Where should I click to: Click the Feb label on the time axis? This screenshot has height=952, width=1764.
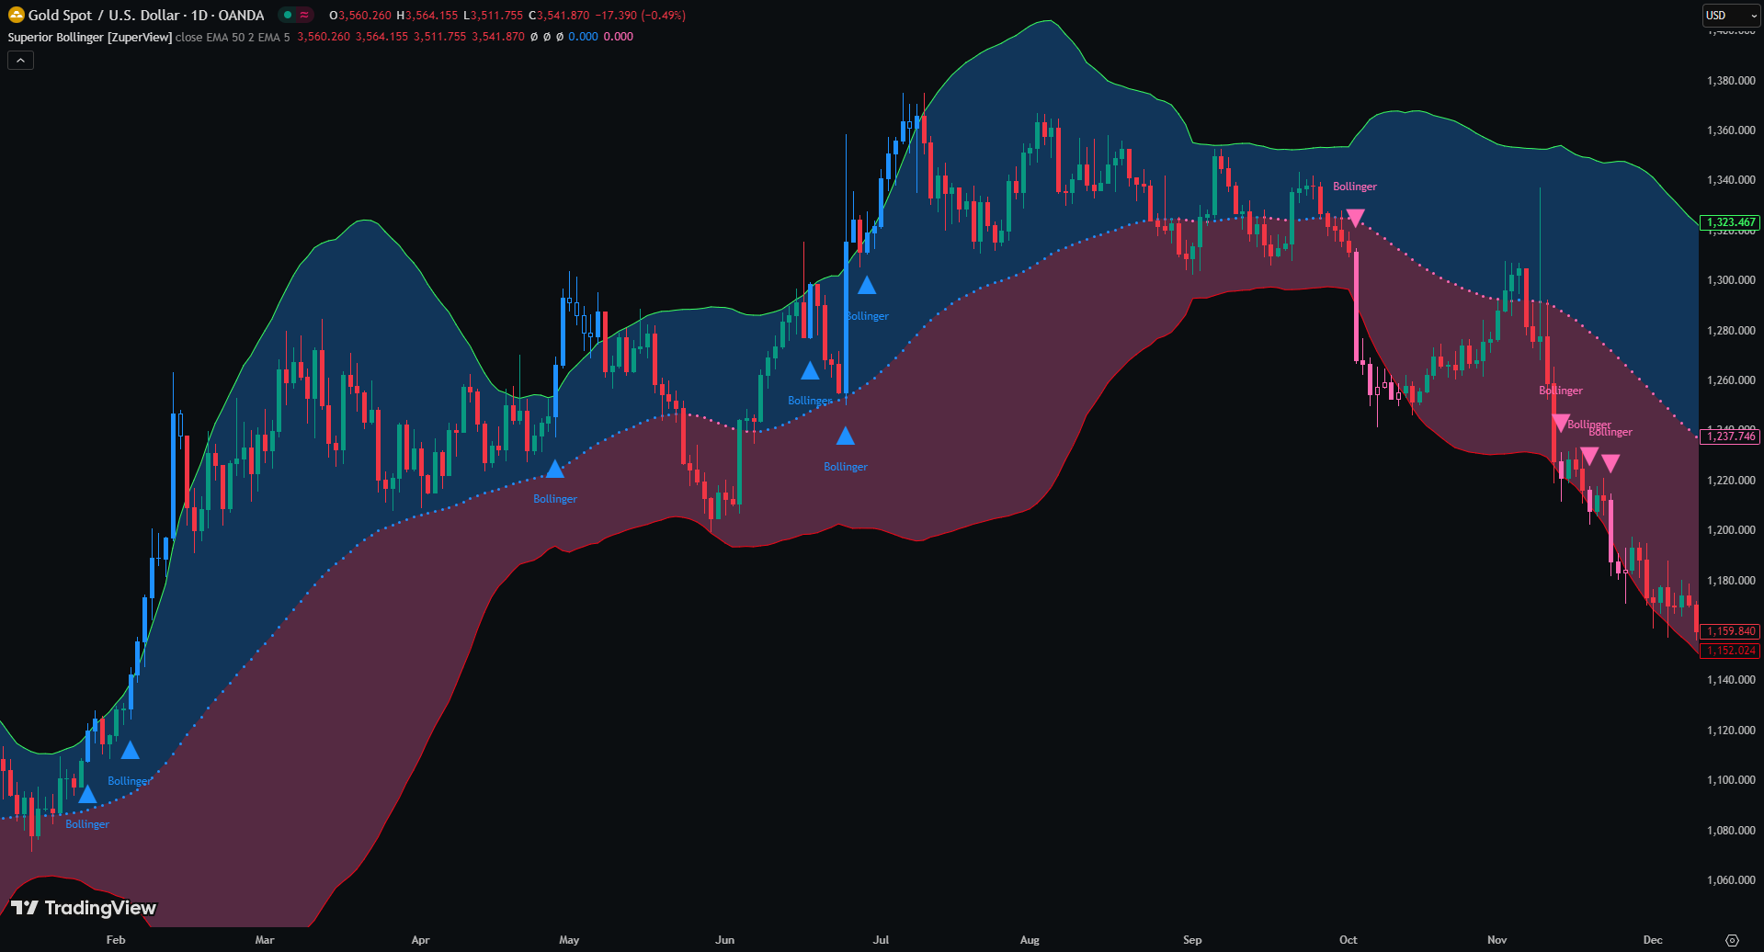click(x=115, y=939)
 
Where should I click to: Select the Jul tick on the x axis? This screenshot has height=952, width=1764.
click(x=881, y=939)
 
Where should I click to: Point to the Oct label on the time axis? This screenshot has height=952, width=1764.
click(x=1348, y=939)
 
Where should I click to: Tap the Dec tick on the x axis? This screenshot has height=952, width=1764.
click(x=1653, y=939)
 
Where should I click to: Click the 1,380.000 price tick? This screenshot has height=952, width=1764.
click(x=1731, y=81)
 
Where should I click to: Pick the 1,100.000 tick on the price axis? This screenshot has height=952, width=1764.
click(x=1731, y=780)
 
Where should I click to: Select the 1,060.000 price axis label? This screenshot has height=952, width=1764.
click(x=1731, y=880)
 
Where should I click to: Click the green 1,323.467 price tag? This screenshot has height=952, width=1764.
click(x=1730, y=222)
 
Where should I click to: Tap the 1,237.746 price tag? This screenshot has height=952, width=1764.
click(x=1730, y=436)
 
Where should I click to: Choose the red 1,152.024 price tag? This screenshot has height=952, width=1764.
click(x=1730, y=651)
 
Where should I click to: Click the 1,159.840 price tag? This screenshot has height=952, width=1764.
click(x=1730, y=631)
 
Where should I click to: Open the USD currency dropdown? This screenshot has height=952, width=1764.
click(x=1730, y=16)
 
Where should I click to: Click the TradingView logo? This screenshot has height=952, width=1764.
click(x=84, y=908)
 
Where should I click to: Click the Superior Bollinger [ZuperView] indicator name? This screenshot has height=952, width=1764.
click(x=89, y=37)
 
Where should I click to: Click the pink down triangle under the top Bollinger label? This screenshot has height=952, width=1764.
click(x=1355, y=218)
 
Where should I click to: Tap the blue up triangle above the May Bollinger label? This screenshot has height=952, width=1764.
click(x=554, y=470)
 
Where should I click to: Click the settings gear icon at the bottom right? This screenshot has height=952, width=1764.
click(x=1732, y=940)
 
